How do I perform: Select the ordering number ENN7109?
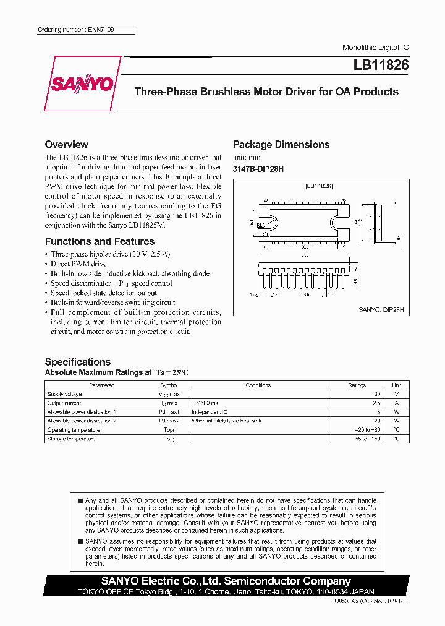coord(76,30)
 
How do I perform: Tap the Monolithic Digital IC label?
coord(375,48)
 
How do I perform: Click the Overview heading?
coord(67,144)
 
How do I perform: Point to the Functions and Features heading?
coord(100,241)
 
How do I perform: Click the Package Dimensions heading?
coord(281,144)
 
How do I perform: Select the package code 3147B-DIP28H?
coord(258,169)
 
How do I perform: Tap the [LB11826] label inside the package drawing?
coord(319,186)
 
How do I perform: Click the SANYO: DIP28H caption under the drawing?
coord(381,310)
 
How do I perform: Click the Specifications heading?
coord(78,362)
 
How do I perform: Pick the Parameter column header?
coord(101,385)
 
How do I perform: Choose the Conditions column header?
coord(258,385)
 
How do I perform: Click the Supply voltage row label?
coord(64,394)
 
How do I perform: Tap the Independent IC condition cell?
coord(210,412)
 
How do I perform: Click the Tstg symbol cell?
coord(169,439)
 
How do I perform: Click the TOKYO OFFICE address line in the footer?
coord(226,591)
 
